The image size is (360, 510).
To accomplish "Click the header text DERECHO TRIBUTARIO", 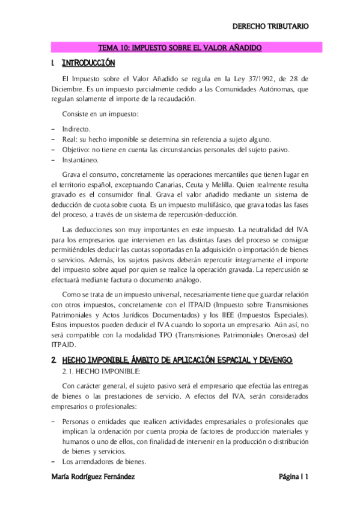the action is click(x=270, y=26).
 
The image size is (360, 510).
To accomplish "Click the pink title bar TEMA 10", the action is click(x=180, y=47).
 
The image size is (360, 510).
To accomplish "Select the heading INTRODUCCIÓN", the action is click(x=88, y=63).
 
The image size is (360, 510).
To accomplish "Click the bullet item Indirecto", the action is click(x=76, y=129).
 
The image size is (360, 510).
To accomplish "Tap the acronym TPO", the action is click(x=176, y=336).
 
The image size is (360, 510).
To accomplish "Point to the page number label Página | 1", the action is click(x=293, y=477).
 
